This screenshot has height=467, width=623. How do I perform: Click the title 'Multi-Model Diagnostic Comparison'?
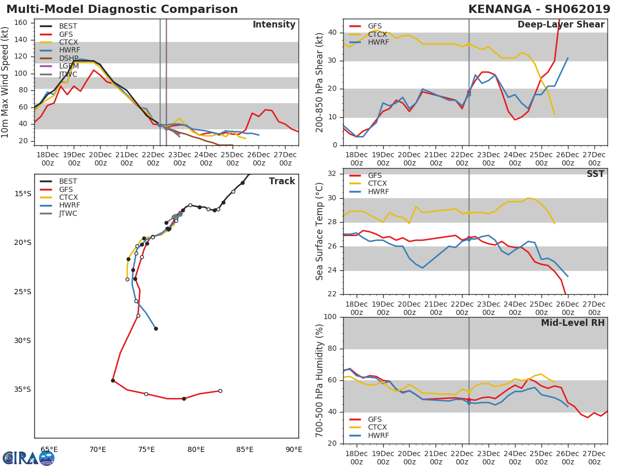[122, 9]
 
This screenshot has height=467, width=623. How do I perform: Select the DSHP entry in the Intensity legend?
[69, 58]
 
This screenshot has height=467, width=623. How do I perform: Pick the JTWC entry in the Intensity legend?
[69, 75]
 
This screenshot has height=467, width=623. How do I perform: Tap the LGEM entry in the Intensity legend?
[69, 66]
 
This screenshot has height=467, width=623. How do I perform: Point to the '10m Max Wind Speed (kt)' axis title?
[6, 82]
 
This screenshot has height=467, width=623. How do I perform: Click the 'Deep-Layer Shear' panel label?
[561, 25]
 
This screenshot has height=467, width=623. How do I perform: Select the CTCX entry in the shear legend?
[377, 34]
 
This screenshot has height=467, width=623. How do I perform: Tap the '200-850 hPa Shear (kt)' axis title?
[320, 82]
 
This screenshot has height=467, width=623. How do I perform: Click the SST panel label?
[595, 174]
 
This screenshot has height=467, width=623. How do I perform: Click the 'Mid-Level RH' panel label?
[573, 323]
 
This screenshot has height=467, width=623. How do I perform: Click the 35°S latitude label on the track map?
[22, 390]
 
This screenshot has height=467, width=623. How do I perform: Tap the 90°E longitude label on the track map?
[293, 450]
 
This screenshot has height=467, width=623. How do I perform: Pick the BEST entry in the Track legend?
[68, 181]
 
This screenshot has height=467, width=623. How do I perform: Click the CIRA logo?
[29, 458]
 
